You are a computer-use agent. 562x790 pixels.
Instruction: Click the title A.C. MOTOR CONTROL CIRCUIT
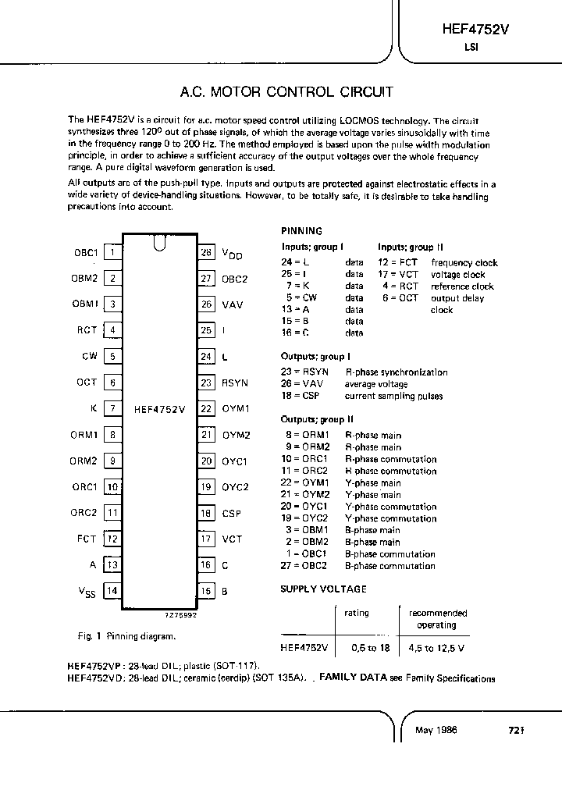[x=286, y=92]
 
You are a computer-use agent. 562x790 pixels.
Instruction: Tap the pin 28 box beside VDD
[x=206, y=252]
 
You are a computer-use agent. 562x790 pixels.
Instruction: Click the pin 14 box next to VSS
[x=112, y=591]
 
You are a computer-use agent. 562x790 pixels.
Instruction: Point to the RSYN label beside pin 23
[x=235, y=383]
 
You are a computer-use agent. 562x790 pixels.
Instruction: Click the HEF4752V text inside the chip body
[x=159, y=408]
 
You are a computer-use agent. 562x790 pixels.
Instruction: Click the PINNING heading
[x=301, y=231]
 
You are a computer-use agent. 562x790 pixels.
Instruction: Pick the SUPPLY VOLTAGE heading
[x=323, y=589]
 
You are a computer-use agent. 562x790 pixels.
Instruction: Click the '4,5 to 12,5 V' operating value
[x=437, y=648]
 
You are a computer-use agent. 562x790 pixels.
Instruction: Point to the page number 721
[x=514, y=731]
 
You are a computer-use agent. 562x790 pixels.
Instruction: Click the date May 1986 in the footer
[x=436, y=731]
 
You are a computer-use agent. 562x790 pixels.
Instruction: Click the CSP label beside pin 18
[x=231, y=513]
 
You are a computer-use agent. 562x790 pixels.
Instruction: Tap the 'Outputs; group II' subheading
[x=318, y=419]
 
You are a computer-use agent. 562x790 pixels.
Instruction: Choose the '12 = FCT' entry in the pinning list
[x=398, y=263]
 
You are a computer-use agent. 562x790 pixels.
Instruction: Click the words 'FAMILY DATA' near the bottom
[x=353, y=678]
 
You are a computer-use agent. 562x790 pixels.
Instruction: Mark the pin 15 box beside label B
[x=206, y=591]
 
